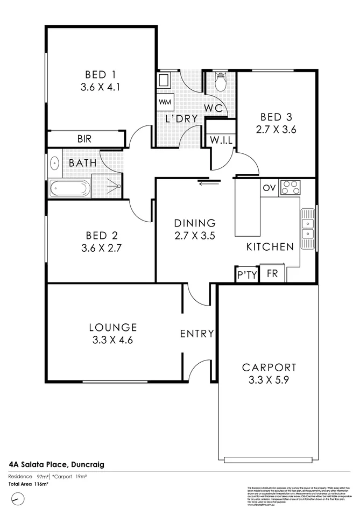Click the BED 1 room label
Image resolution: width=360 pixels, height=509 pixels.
tap(101, 74)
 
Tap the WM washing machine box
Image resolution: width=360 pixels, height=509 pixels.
tap(164, 102)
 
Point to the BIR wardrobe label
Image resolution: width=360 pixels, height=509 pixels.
tap(84, 139)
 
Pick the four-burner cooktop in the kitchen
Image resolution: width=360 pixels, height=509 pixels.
tap(291, 188)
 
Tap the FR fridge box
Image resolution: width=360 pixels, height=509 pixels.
tap(272, 274)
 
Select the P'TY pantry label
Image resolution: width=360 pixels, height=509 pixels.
tap(247, 275)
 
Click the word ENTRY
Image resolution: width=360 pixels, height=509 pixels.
tap(197, 334)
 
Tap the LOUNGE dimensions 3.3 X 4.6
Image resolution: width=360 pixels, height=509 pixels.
tap(113, 340)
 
